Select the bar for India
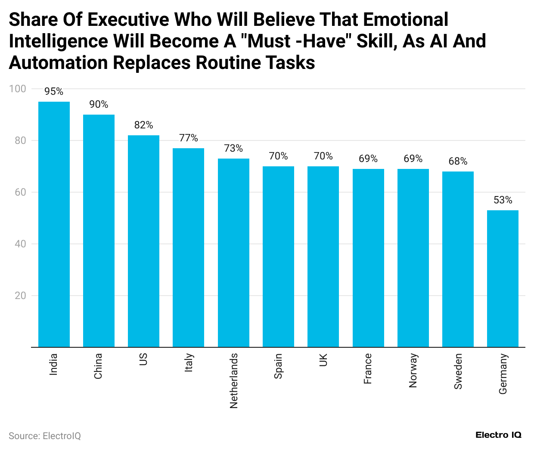54,224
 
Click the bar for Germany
503,278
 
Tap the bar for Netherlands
233,253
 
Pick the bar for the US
143,241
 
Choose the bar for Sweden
458,259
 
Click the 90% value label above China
99,104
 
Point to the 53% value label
503,200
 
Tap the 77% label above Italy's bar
189,138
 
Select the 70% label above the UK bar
323,156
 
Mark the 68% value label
458,161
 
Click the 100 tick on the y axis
18,89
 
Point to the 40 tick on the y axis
20,244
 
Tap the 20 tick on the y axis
20,296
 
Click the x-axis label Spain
278,366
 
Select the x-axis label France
368,369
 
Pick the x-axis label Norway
413,371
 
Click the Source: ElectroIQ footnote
45,436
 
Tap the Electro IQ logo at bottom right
498,435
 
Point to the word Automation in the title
59,63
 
